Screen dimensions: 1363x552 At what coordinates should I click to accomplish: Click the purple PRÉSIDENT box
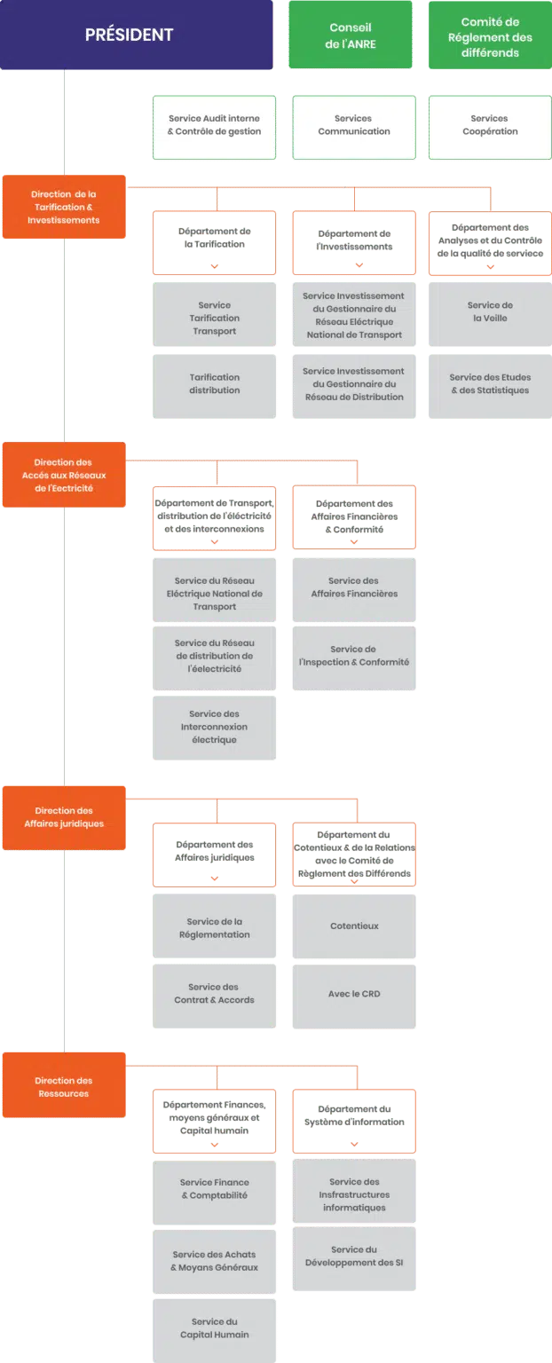click(x=136, y=35)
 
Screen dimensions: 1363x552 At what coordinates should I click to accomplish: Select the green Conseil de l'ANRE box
click(x=351, y=35)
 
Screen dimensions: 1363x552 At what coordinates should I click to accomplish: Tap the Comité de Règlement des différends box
click(x=490, y=36)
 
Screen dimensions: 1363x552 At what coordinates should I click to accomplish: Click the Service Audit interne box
click(x=214, y=125)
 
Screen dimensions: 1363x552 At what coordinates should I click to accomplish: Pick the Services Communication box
click(x=353, y=125)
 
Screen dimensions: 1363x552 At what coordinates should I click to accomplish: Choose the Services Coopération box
click(x=490, y=125)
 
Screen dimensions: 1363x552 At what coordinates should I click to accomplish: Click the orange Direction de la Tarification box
click(x=63, y=207)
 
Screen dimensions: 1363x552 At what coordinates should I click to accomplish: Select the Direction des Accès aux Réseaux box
click(x=63, y=475)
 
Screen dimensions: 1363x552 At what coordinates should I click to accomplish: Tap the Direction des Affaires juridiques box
click(x=63, y=817)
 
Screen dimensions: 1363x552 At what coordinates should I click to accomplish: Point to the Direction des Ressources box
click(x=63, y=1087)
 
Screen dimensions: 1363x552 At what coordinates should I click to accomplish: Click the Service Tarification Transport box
click(x=214, y=318)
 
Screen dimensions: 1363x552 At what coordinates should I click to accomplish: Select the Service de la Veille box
click(x=490, y=311)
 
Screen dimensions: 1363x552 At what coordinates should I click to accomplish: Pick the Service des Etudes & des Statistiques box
click(x=490, y=383)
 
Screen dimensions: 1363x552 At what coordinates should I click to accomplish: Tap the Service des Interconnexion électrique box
click(x=214, y=727)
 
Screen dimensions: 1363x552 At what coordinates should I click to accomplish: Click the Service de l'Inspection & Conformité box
click(x=353, y=656)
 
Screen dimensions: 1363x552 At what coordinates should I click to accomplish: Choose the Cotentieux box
click(x=353, y=926)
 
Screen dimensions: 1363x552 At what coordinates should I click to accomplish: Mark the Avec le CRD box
click(x=353, y=994)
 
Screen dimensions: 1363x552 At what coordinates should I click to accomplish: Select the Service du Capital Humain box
click(x=214, y=1328)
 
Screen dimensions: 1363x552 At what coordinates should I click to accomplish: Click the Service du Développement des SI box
click(x=353, y=1256)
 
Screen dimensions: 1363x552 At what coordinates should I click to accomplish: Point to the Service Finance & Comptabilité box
click(x=214, y=1188)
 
